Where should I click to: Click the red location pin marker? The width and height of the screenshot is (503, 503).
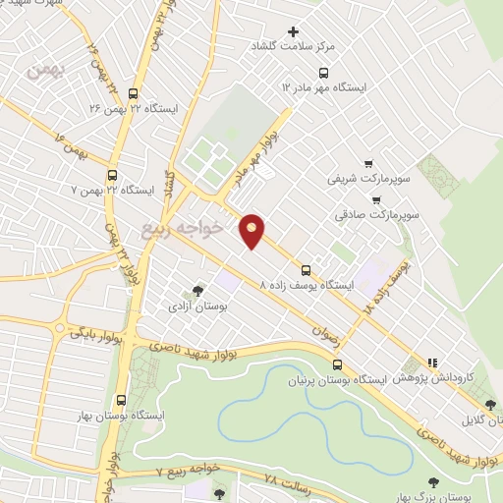(x=252, y=230)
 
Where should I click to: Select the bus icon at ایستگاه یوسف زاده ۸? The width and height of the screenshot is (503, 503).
(x=307, y=269)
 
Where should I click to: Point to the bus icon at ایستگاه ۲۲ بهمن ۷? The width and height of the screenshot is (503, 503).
(x=112, y=175)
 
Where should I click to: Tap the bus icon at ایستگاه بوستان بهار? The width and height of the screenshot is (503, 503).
(x=122, y=400)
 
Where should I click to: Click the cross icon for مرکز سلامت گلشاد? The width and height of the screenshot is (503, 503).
(x=293, y=32)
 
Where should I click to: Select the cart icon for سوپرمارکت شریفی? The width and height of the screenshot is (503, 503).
(x=368, y=164)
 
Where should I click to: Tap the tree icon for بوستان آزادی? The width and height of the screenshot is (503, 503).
(x=198, y=291)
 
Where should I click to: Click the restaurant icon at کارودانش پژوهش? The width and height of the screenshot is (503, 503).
(x=433, y=363)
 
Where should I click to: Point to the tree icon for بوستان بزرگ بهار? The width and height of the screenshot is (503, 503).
(x=433, y=482)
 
